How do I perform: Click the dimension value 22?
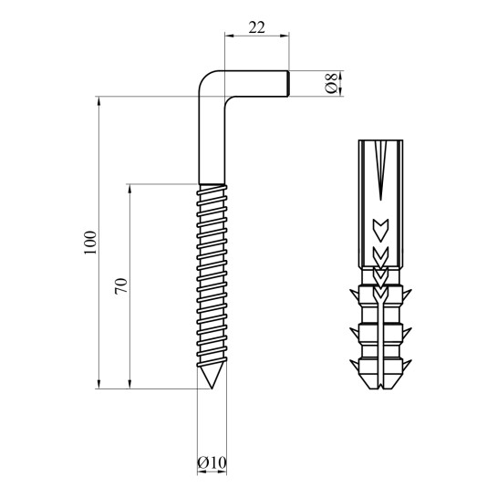click(x=256, y=27)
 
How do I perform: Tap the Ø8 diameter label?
click(x=332, y=83)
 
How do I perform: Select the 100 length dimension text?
click(x=90, y=243)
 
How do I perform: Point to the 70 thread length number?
click(x=121, y=286)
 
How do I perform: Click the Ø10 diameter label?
click(x=212, y=462)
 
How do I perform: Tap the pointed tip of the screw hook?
click(x=212, y=388)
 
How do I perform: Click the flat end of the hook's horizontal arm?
click(x=288, y=83)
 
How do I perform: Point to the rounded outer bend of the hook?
click(x=205, y=78)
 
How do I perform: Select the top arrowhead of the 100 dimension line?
click(x=99, y=101)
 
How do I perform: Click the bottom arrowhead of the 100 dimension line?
click(x=99, y=383)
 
